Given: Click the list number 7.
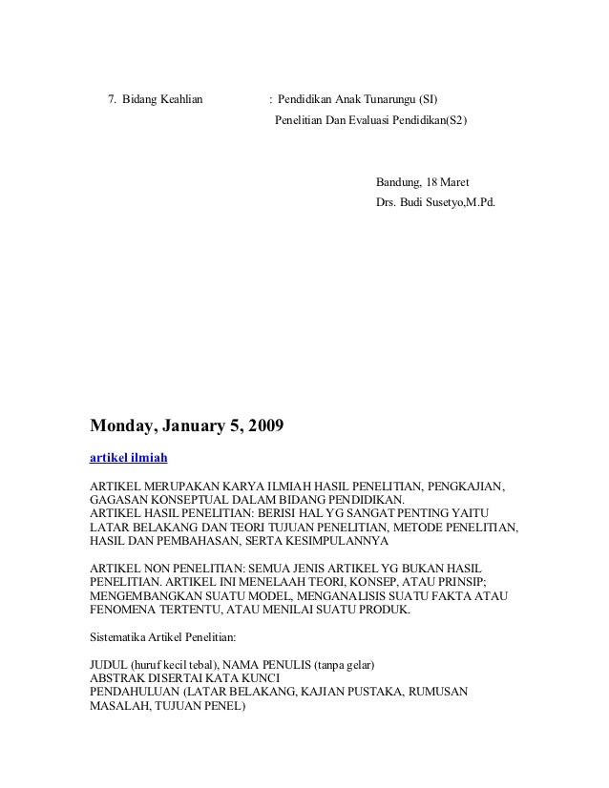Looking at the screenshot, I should point(112,99).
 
